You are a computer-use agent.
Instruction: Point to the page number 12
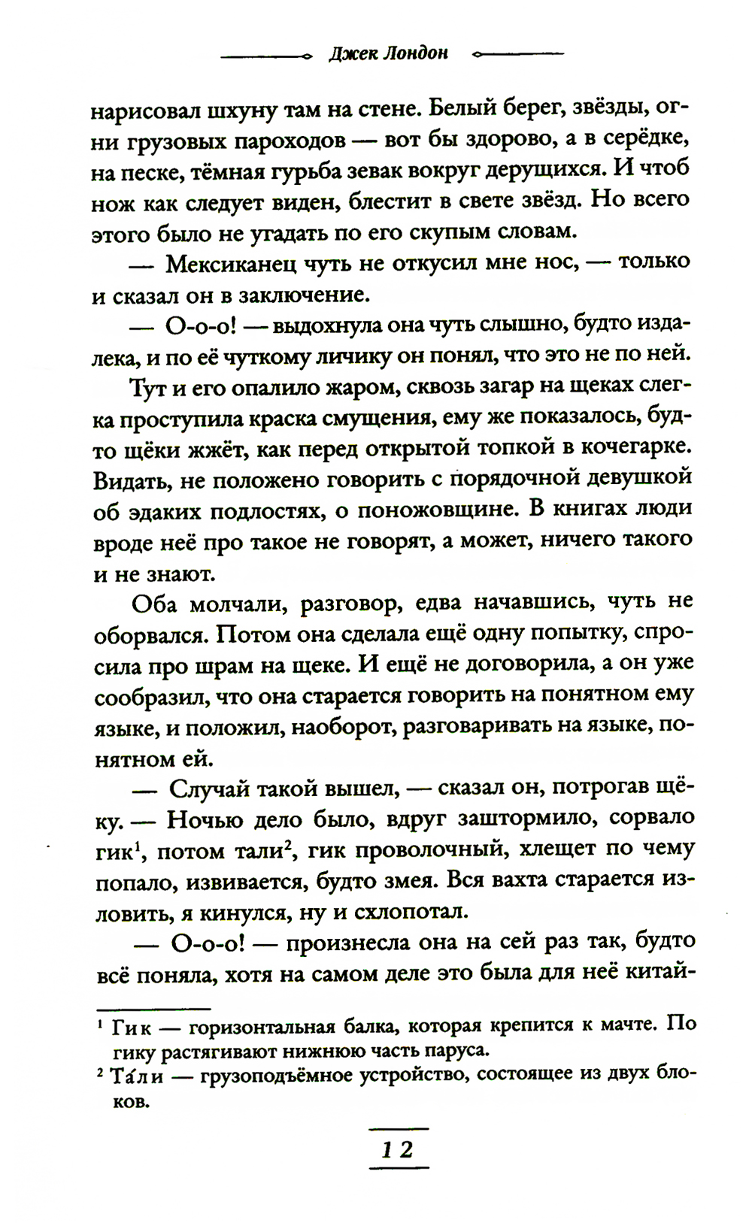point(397,1149)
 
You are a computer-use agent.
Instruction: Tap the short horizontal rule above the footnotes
point(154,1008)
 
